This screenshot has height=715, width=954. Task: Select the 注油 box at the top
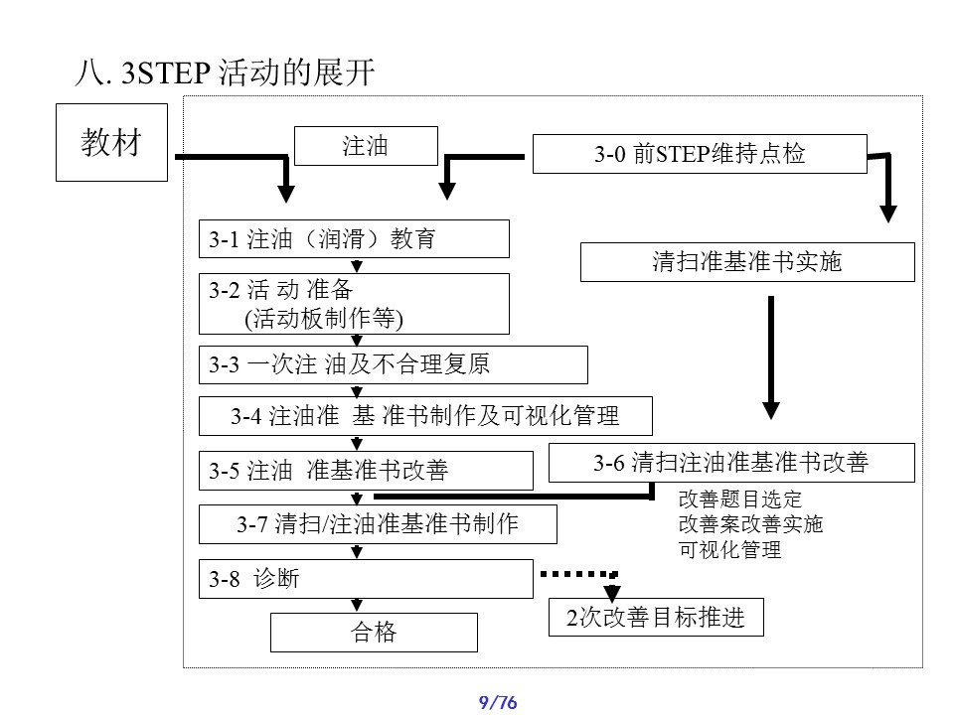coord(366,147)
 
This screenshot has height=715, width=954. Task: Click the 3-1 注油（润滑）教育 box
coord(354,239)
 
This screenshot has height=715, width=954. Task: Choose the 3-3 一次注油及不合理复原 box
coord(394,364)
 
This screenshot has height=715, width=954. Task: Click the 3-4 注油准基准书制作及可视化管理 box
coord(425,416)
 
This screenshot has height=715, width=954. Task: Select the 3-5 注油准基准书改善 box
coord(366,470)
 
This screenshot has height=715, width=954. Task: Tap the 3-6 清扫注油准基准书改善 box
coord(730,463)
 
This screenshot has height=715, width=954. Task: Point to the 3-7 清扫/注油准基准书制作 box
coord(378,523)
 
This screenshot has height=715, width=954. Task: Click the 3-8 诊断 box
coord(366,579)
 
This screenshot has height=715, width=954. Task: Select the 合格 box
coord(374,633)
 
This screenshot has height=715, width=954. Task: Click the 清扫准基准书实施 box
coord(746,262)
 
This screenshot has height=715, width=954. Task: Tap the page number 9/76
coord(499,703)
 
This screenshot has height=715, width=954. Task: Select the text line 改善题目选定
coord(739,499)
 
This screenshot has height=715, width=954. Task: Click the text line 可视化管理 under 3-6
coord(729,549)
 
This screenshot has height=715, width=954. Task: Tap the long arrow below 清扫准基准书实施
coord(770,357)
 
